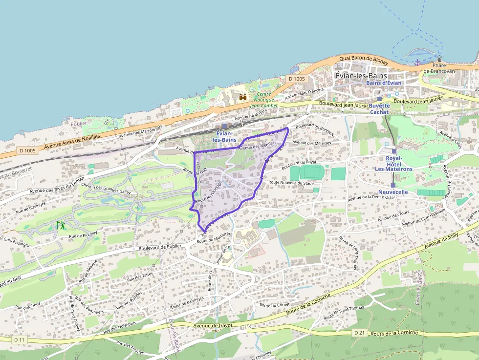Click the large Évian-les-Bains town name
361,76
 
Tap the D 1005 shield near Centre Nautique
296,79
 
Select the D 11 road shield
19,339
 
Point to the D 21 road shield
359,333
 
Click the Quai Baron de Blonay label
363,61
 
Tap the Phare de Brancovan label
439,68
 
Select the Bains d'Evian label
384,83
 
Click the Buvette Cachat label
379,108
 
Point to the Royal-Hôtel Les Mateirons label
393,164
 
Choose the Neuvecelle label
392,192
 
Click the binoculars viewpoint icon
243,97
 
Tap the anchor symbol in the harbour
417,63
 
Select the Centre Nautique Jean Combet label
264,100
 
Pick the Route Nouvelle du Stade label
291,183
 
